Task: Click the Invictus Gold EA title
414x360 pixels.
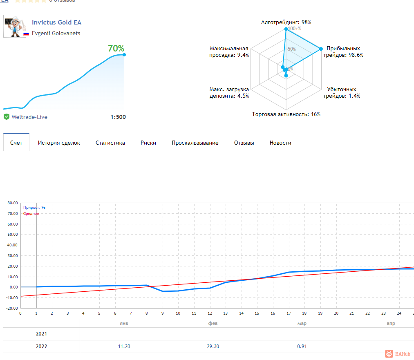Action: coord(56,22)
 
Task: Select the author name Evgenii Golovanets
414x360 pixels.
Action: coord(56,34)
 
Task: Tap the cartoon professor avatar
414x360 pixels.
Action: coord(15,26)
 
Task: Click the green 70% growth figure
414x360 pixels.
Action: coord(116,49)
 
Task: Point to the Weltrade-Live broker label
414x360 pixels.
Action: coord(29,117)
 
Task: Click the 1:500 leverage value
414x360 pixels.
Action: coord(118,117)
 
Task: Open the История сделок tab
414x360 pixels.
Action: coord(59,143)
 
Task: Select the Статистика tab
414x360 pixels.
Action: coord(110,143)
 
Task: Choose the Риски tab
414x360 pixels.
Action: coord(148,143)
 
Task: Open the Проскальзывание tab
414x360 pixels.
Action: coord(195,143)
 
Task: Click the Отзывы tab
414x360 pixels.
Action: coord(244,143)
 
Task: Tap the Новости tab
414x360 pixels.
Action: coord(280,143)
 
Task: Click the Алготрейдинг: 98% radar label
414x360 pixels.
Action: coord(286,22)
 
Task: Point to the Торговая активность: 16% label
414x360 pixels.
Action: coord(286,114)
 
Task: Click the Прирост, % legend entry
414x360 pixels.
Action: coord(34,208)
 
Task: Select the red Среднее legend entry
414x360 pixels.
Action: coord(31,214)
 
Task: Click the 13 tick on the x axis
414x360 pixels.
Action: coord(225,313)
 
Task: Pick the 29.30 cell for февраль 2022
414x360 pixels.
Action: coord(213,347)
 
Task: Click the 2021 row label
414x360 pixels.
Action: coord(41,334)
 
